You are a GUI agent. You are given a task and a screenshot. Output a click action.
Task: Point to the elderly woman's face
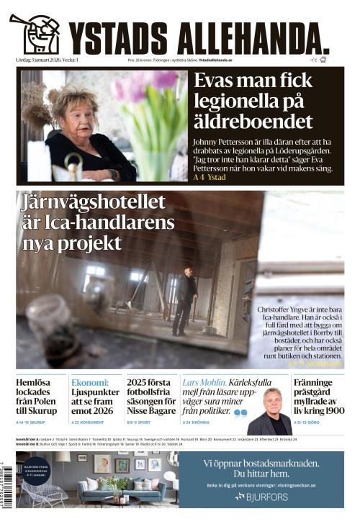coord(74,108)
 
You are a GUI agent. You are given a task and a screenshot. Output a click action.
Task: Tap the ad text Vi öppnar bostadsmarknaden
coord(261,462)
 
